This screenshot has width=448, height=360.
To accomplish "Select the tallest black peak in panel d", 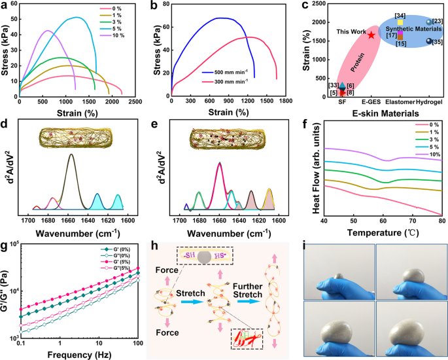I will (x=71, y=155).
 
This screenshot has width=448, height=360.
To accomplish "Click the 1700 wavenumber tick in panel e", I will (x=185, y=220).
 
